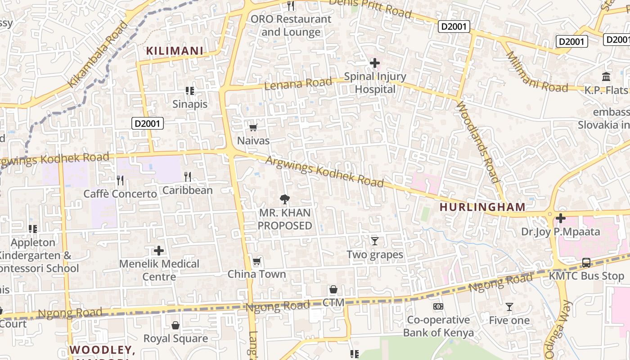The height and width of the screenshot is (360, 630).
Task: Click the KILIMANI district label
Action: [x=175, y=51]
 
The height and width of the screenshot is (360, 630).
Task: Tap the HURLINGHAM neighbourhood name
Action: [x=482, y=207]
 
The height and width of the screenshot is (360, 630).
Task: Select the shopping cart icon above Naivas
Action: [x=253, y=128]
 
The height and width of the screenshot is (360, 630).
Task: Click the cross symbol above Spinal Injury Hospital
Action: [x=374, y=63]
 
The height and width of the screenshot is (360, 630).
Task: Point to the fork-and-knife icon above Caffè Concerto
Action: [x=120, y=180]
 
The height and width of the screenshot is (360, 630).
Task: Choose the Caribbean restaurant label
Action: [x=187, y=190]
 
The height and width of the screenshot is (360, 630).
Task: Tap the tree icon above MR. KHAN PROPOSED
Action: [x=284, y=199]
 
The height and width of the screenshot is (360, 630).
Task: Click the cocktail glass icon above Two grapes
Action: [x=374, y=241]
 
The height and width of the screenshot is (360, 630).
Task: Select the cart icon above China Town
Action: [x=256, y=261]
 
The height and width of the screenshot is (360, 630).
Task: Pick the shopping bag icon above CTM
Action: [x=333, y=289]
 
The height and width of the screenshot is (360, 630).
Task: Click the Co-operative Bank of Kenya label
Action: [x=438, y=326]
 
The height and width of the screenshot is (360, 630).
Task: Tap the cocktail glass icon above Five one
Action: [x=509, y=307]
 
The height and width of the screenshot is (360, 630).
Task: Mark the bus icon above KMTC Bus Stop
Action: [x=586, y=262]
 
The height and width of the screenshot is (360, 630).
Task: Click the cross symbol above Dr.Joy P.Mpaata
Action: [x=560, y=219]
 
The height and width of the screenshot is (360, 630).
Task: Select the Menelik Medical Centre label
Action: [x=159, y=270]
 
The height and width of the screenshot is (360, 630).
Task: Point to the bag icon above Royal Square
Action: [x=175, y=325]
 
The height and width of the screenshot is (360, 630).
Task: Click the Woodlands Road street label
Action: [x=478, y=142]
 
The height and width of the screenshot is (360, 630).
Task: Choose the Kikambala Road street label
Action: [x=98, y=54]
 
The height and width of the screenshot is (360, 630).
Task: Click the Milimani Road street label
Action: [x=537, y=72]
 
